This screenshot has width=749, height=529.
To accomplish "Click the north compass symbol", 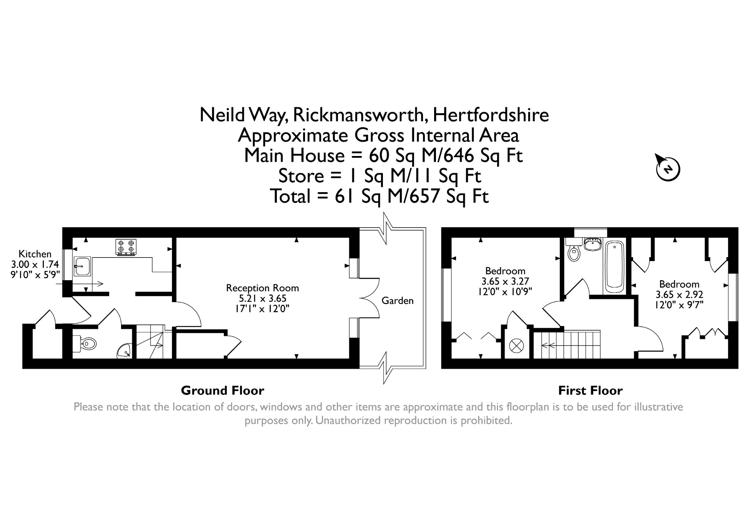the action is pos(668,169).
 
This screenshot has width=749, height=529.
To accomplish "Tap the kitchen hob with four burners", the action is pos(126,247).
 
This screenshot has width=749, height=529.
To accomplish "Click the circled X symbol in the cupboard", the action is pos(516,346).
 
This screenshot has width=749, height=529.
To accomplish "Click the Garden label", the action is pos(398,301).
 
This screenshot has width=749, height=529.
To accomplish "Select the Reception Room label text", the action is pos(263,288).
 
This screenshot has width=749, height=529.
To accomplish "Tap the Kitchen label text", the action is pos(35,254).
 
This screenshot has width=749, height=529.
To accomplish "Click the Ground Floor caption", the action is pos(222,391).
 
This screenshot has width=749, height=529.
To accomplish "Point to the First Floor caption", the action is pos(590,391).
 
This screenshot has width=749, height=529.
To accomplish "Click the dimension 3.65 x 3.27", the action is pos(505,281).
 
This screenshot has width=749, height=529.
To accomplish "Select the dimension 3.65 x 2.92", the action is pos(679,294).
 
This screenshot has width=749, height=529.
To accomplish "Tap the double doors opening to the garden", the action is pos(369,299).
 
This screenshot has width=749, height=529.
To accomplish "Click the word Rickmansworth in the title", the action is pos(358,115).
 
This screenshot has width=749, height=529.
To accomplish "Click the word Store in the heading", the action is pos(301,176).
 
